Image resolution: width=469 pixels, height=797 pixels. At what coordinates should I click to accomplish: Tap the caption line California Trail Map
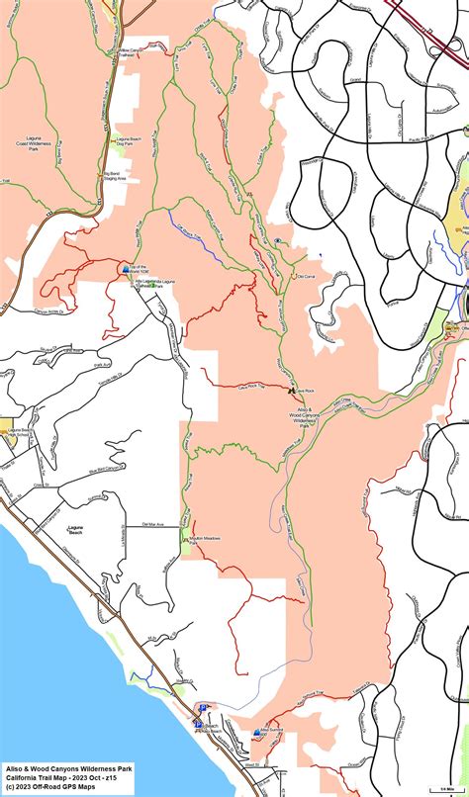(x=59, y=778)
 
